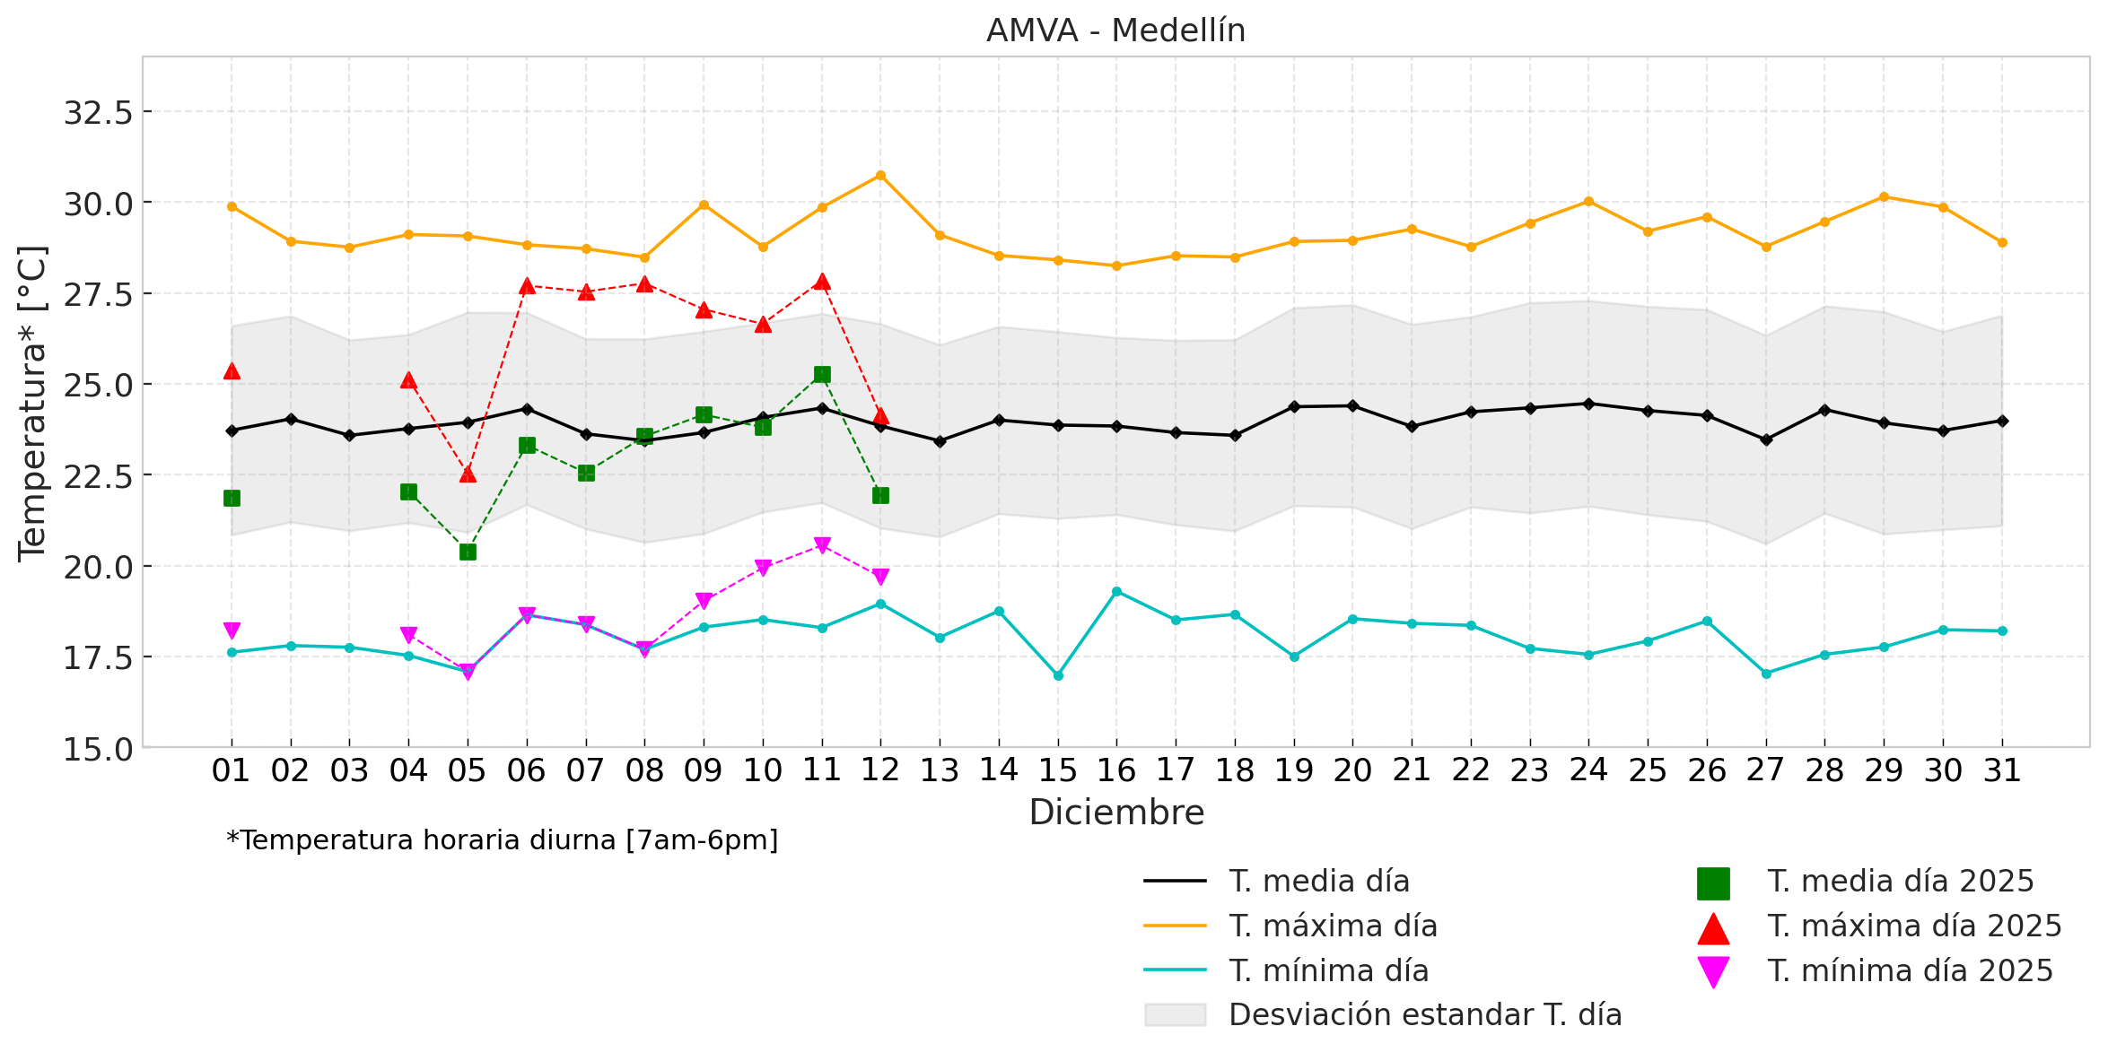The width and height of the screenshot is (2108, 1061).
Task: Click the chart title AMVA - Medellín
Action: (x=1115, y=31)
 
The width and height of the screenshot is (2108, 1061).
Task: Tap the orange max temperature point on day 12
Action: (x=880, y=176)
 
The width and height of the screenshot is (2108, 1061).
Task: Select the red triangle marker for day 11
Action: (x=822, y=282)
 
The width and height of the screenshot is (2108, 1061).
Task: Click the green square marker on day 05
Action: (x=468, y=552)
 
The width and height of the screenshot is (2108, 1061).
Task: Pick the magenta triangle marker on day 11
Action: (x=822, y=545)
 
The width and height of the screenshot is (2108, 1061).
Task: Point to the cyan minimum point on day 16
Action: (x=1116, y=592)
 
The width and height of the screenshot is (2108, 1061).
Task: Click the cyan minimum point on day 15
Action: (x=1058, y=675)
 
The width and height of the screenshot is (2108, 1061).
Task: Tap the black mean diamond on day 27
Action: (x=1766, y=439)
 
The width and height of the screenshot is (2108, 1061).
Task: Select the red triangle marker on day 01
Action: (x=232, y=370)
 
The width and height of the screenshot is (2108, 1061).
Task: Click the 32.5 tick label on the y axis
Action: (x=98, y=113)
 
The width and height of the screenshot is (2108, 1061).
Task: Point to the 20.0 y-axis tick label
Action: (x=98, y=567)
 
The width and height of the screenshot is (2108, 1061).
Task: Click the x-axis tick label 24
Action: (x=1588, y=770)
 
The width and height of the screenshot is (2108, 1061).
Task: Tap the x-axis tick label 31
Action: (x=2002, y=770)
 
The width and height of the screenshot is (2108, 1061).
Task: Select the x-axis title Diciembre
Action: (x=1115, y=813)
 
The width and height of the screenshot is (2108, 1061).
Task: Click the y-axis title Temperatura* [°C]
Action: (x=32, y=404)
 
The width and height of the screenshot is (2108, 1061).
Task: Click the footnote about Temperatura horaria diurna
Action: (x=503, y=840)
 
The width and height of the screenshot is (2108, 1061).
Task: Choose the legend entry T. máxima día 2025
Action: (x=1914, y=926)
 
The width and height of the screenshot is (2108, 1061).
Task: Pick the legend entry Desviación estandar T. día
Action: (x=1424, y=1015)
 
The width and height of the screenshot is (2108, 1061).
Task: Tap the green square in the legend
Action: (x=1713, y=883)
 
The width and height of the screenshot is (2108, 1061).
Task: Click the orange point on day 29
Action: (x=1884, y=197)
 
